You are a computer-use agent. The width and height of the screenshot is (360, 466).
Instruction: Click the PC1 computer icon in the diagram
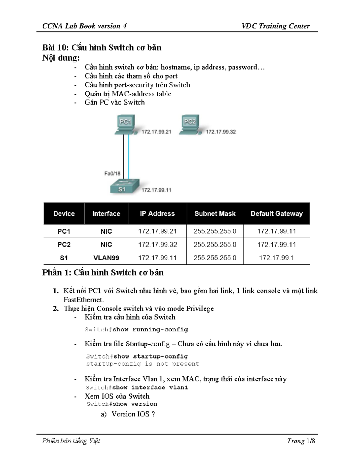(125, 124)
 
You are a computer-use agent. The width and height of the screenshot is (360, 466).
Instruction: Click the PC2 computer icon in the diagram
(190, 124)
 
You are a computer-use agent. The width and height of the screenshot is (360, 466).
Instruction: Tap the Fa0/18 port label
(112, 173)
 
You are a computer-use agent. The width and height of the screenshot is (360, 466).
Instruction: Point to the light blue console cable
(129, 156)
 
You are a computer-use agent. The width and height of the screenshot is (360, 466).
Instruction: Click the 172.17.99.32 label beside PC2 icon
(220, 132)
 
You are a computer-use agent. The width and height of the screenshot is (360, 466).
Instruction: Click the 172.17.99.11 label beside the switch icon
(156, 190)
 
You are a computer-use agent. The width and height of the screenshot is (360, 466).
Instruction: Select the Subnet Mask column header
(215, 214)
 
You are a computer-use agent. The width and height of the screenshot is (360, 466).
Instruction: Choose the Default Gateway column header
(277, 214)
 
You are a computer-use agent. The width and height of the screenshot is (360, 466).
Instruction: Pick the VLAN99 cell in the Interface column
(106, 258)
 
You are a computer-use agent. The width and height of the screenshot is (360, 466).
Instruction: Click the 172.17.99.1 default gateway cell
(276, 258)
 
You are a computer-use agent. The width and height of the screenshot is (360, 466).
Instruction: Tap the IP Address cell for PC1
(157, 231)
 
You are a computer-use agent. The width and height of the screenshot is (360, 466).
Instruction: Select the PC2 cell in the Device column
(64, 245)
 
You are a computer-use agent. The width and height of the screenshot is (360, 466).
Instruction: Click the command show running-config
(150, 329)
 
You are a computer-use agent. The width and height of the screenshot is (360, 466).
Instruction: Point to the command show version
(135, 404)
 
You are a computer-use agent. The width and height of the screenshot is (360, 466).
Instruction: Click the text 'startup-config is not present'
(142, 364)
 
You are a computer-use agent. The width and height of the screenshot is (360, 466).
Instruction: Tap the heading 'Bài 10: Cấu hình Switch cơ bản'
(102, 48)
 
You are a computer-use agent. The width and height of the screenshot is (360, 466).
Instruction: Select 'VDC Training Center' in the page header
(275, 26)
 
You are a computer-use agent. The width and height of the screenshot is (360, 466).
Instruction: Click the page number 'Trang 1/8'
(301, 441)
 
